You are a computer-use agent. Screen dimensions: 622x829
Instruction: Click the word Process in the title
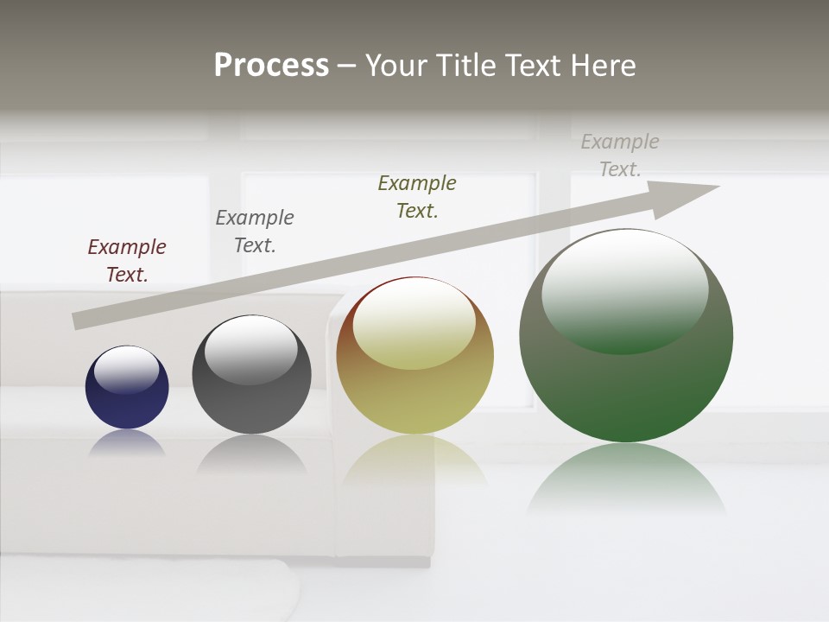(271, 66)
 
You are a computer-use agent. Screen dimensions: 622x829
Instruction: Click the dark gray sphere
(251, 402)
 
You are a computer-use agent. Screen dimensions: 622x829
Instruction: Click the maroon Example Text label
(127, 260)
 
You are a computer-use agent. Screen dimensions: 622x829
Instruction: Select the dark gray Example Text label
(255, 231)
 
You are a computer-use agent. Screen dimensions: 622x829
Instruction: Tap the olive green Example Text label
(417, 196)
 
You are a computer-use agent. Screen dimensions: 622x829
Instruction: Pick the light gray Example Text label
(620, 155)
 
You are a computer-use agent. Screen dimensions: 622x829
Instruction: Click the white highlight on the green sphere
(624, 289)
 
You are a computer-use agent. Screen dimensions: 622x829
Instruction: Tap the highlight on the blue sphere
(126, 370)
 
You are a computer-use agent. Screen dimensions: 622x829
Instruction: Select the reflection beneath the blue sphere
(127, 444)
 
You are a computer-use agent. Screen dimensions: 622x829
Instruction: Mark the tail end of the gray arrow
(79, 321)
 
